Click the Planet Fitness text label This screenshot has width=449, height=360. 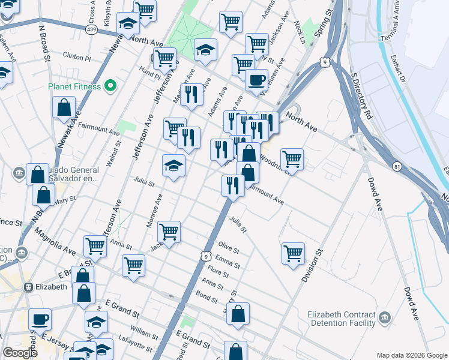[x=74, y=86]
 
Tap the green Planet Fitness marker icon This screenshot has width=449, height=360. [x=109, y=86]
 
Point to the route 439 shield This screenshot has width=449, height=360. [x=91, y=29]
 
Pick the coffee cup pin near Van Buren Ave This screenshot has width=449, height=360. [x=256, y=80]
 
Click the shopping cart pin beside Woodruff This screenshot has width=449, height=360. [x=292, y=159]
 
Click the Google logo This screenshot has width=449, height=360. [x=20, y=353]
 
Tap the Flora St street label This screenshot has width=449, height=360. [x=217, y=273]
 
